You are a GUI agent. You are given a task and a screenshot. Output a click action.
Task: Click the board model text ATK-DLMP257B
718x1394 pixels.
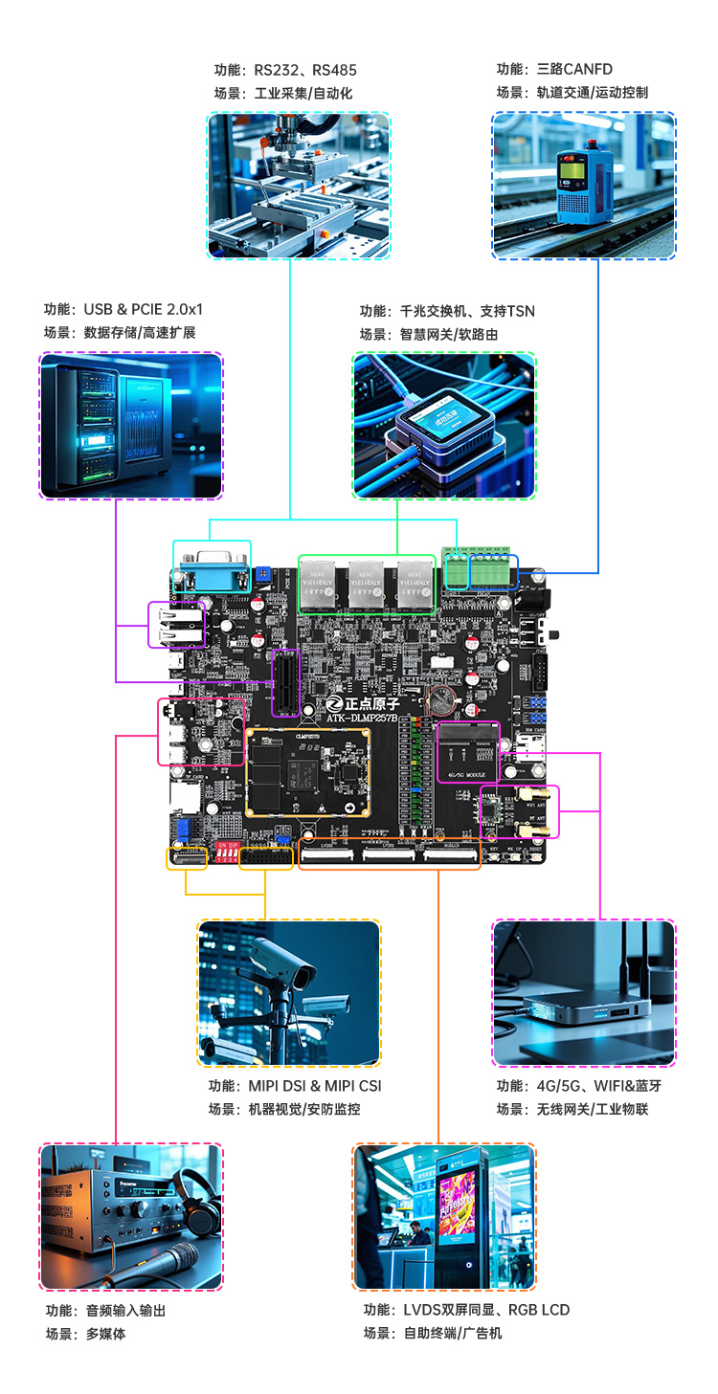point(363,719)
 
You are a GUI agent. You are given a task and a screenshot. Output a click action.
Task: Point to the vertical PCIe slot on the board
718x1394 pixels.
point(285,682)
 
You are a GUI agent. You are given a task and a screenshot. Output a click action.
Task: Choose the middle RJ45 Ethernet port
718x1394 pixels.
point(367,583)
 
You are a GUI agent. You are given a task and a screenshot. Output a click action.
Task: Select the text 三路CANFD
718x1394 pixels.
point(574,69)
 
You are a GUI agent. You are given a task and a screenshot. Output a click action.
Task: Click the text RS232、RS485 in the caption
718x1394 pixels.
point(304,70)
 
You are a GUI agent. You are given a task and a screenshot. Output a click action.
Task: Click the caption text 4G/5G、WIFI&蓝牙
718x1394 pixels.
point(593,1086)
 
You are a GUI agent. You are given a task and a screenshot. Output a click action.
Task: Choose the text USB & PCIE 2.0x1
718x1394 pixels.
point(143,309)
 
